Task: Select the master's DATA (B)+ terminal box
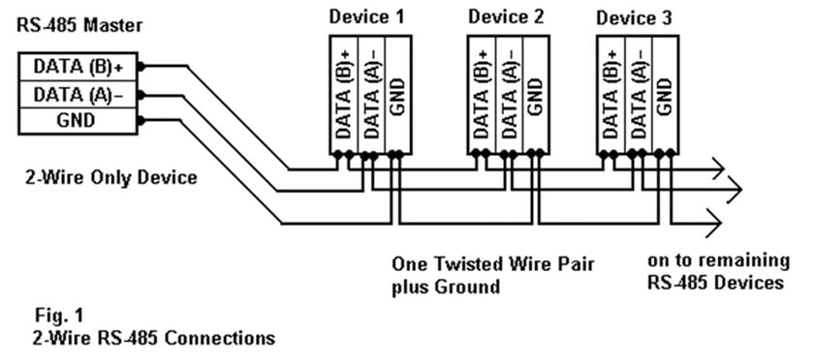pos(78,67)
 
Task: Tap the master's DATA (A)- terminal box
pos(78,94)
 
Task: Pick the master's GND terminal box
pos(78,120)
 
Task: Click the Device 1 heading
pos(364,16)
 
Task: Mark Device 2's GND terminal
pos(535,97)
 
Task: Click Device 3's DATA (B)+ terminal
pos(610,97)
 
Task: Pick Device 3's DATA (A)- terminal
pos(637,97)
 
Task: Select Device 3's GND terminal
pos(664,97)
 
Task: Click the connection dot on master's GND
pos(141,120)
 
